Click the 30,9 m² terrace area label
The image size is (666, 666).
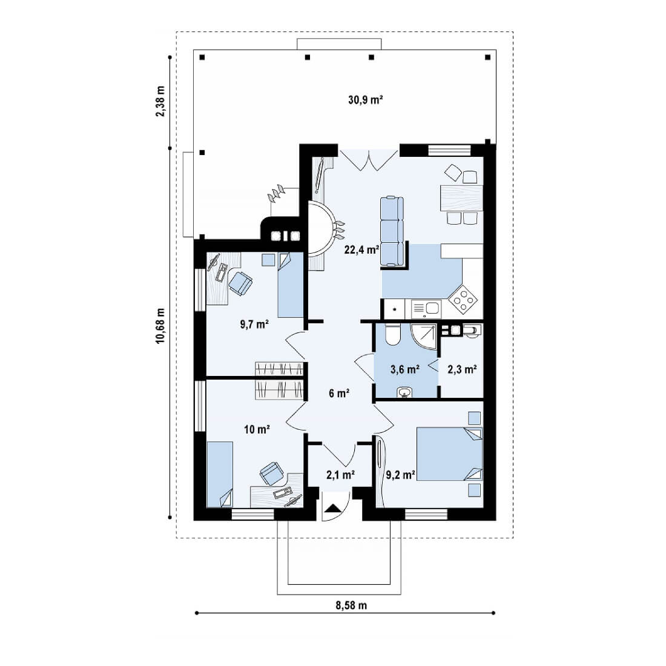pyautogui.click(x=366, y=101)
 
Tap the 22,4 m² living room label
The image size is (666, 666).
pyautogui.click(x=361, y=249)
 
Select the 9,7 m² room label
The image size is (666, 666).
pyautogui.click(x=254, y=325)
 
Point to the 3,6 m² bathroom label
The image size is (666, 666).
pyautogui.click(x=405, y=369)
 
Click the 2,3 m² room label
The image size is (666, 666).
pyautogui.click(x=462, y=369)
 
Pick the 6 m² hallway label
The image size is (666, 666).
pyautogui.click(x=339, y=394)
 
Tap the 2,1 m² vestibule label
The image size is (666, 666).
pyautogui.click(x=341, y=475)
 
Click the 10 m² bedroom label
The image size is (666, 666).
pyautogui.click(x=257, y=429)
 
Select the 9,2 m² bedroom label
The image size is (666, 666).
pyautogui.click(x=401, y=475)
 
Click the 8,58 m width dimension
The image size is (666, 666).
pyautogui.click(x=351, y=605)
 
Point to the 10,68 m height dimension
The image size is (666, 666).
pyautogui.click(x=160, y=326)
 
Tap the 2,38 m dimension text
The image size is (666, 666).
pyautogui.click(x=160, y=101)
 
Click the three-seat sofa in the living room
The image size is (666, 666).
pyautogui.click(x=392, y=231)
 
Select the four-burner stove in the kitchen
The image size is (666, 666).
pyautogui.click(x=463, y=297)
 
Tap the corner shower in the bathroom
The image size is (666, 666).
pyautogui.click(x=424, y=337)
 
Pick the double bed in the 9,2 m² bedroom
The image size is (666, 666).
pyautogui.click(x=449, y=453)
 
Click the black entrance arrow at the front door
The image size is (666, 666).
pyautogui.click(x=332, y=508)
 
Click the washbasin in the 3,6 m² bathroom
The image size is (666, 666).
pyautogui.click(x=404, y=392)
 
